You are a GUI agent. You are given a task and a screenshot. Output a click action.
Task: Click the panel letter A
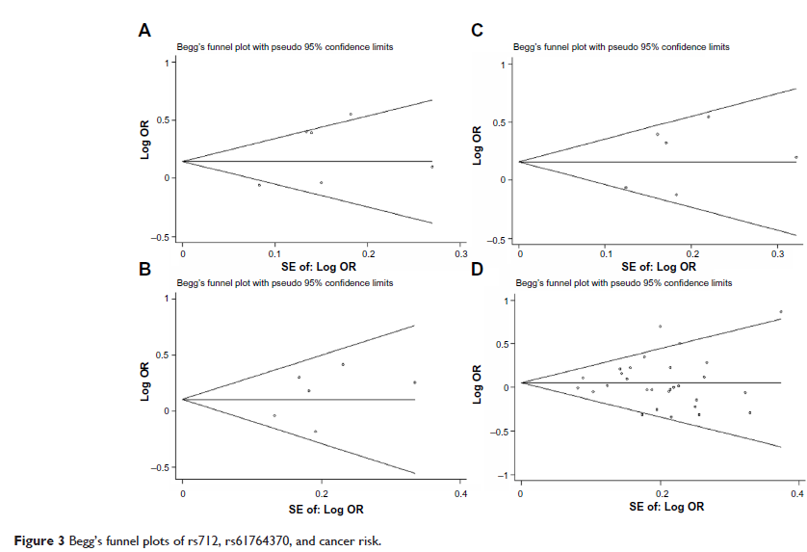(144, 31)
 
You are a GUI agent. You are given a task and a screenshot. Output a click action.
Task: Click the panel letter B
(144, 269)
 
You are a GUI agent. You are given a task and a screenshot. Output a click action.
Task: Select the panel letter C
(476, 31)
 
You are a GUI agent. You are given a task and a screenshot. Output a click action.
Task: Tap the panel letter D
(476, 269)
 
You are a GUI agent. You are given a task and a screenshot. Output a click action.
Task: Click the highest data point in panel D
(781, 311)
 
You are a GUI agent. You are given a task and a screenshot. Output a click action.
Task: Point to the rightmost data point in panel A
(432, 167)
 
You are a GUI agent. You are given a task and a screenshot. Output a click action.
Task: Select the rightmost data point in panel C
(796, 157)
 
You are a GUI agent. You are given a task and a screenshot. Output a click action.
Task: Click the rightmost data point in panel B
(415, 382)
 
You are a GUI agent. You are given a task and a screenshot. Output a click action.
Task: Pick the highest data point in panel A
(351, 114)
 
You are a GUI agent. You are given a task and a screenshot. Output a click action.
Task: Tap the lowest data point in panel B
(316, 431)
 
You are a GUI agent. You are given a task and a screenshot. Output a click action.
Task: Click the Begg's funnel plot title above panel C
(621, 47)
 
